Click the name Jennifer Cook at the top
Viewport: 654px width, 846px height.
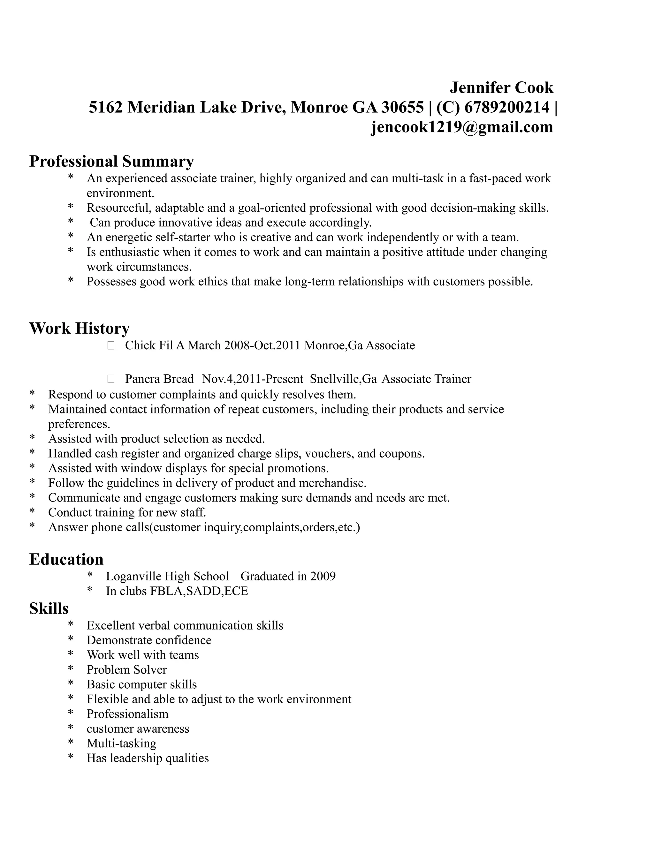501,87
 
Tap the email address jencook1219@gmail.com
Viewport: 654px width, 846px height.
462,127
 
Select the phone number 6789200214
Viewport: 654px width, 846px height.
507,107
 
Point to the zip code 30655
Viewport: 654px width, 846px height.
403,107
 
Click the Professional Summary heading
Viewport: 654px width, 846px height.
111,161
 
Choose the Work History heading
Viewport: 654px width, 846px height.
80,328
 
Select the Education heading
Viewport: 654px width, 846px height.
66,559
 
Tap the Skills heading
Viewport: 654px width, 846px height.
49,608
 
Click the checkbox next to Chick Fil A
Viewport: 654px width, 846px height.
111,345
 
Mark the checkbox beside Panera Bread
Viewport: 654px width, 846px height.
111,379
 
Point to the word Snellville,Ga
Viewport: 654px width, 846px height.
343,379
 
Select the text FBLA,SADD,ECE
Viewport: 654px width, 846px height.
199,591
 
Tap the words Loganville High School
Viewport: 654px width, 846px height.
167,576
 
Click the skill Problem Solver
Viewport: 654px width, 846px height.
127,669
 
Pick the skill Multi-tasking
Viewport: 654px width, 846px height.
122,743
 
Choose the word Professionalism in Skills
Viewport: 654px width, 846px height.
127,714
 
